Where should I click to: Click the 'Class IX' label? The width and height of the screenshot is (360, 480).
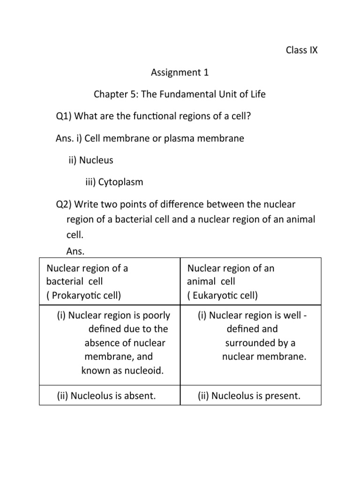(301, 50)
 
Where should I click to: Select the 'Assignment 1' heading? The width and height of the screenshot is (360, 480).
(180, 72)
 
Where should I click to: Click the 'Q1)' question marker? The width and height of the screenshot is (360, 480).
(64, 116)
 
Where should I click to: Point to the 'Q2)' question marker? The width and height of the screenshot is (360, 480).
(64, 204)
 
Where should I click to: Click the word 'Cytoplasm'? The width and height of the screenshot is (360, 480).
(120, 182)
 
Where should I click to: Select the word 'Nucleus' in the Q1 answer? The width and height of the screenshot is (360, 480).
(96, 160)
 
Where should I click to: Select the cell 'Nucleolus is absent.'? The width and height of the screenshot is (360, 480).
(106, 396)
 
